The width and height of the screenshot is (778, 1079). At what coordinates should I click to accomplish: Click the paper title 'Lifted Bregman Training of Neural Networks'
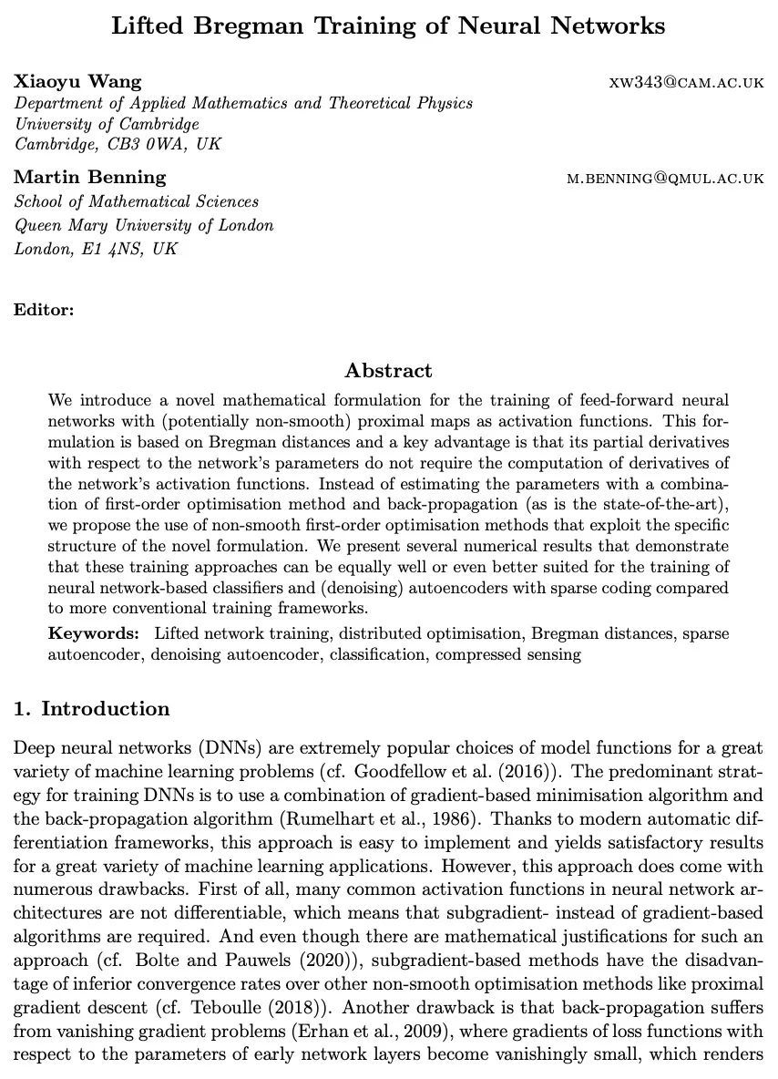click(x=388, y=26)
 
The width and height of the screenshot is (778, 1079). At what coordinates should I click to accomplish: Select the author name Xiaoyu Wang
click(x=77, y=81)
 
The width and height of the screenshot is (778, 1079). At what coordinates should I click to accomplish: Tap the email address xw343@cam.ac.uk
click(x=686, y=83)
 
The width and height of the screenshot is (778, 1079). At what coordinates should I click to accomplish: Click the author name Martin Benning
click(x=90, y=177)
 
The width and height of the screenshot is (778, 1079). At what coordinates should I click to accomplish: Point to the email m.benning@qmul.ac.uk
click(x=665, y=179)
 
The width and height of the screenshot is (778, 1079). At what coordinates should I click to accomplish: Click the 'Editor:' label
click(x=44, y=310)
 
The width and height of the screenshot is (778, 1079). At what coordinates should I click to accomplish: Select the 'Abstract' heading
click(x=388, y=371)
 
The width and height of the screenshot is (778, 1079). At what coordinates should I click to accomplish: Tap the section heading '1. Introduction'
click(x=92, y=709)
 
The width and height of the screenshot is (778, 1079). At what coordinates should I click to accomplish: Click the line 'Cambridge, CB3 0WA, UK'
click(x=118, y=144)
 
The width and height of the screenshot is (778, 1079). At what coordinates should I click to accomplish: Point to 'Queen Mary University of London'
click(x=144, y=225)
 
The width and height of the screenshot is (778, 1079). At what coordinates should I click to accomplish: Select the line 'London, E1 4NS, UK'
click(x=96, y=248)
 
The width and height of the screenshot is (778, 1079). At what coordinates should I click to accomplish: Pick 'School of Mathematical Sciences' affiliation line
click(x=137, y=201)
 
